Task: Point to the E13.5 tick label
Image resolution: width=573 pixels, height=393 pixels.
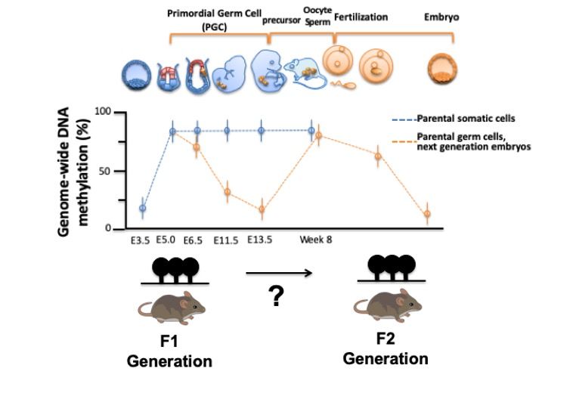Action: [x=258, y=240]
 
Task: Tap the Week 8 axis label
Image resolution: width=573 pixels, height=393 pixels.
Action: [x=315, y=240]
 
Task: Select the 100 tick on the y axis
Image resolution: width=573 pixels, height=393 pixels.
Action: [x=103, y=112]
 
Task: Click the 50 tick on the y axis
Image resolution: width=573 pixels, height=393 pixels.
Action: [x=106, y=171]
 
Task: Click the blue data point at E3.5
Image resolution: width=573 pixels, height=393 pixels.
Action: [x=142, y=208]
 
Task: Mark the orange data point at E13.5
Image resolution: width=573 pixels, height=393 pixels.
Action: [x=262, y=210]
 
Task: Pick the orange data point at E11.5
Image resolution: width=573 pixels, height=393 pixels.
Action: [x=227, y=192]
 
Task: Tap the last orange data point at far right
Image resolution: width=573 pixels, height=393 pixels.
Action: [x=427, y=214]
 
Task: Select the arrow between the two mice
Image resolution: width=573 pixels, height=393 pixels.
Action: [x=279, y=273]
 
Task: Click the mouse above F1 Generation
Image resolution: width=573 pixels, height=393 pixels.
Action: [x=172, y=306]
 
